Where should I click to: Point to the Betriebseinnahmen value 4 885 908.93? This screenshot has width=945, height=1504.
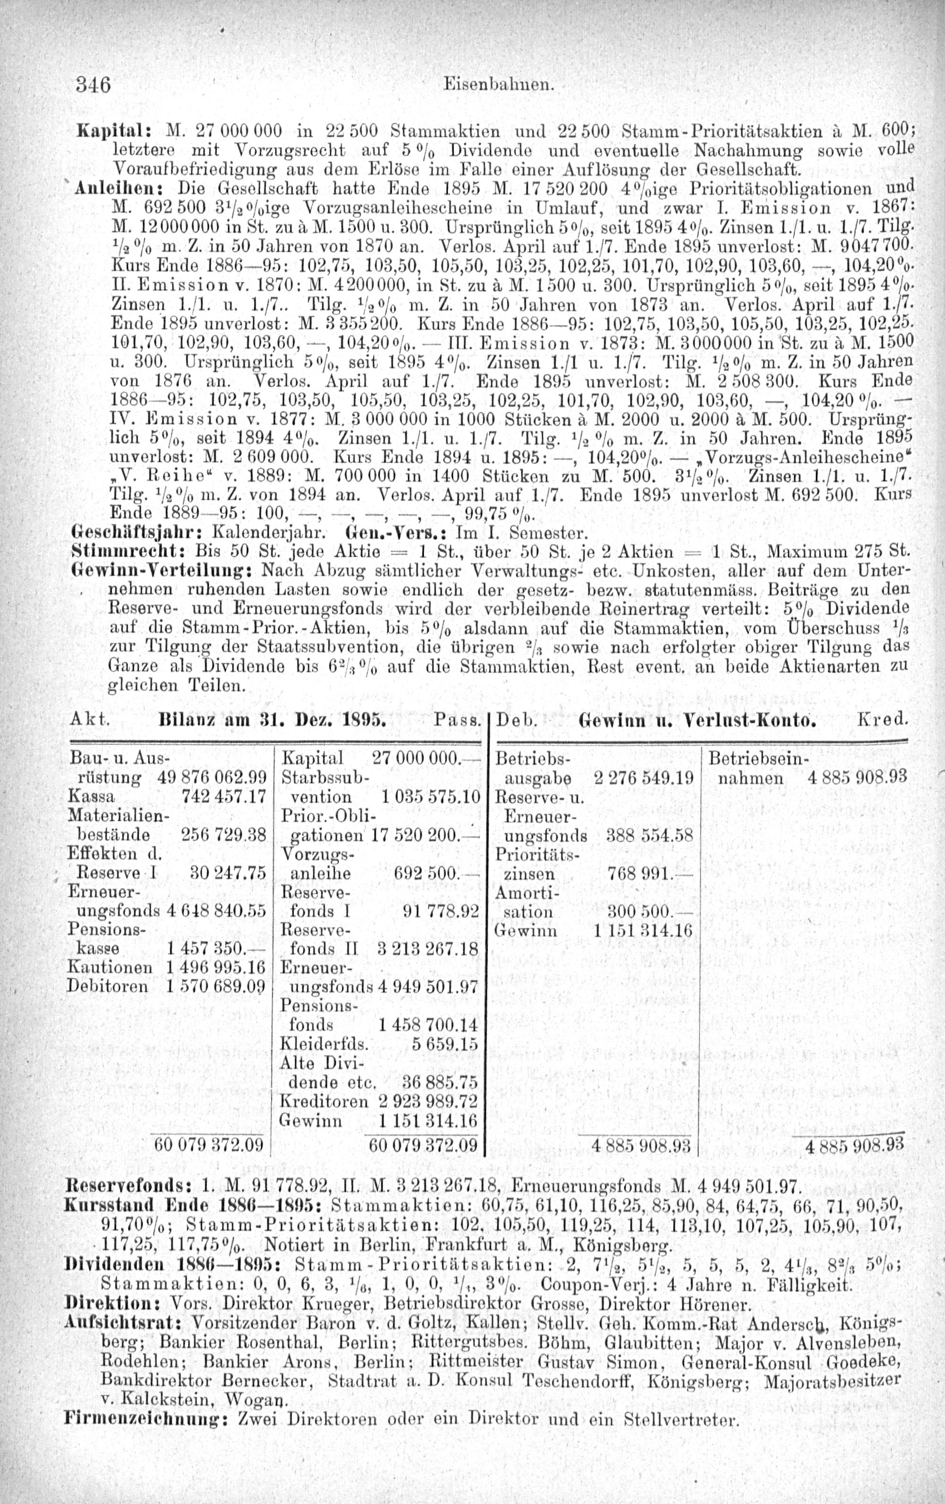[x=856, y=778]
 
